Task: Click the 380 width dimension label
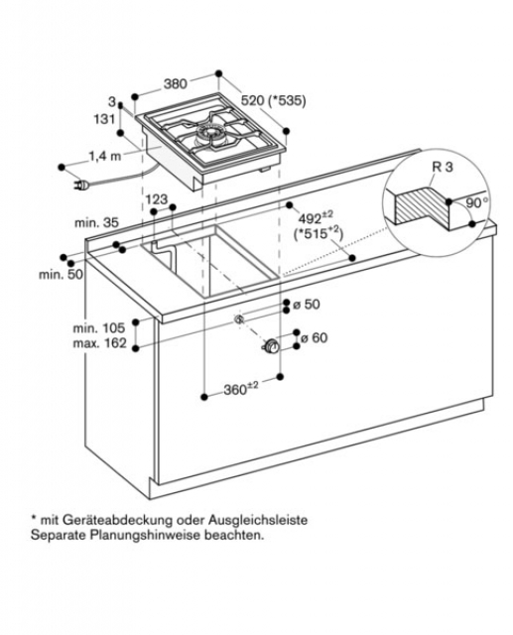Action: (176, 83)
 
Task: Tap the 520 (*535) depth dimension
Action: (273, 100)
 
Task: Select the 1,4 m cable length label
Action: (105, 156)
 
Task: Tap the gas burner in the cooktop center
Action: (209, 136)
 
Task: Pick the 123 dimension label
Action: (157, 198)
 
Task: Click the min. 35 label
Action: (96, 222)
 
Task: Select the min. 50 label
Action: (61, 274)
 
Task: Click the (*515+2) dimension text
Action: (319, 234)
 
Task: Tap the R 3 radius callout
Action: (443, 167)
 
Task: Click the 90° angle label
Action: (477, 202)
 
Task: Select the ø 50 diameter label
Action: (307, 304)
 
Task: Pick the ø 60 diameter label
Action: (315, 337)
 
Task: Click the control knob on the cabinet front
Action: (271, 347)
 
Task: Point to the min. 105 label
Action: (99, 327)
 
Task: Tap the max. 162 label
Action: (99, 343)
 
